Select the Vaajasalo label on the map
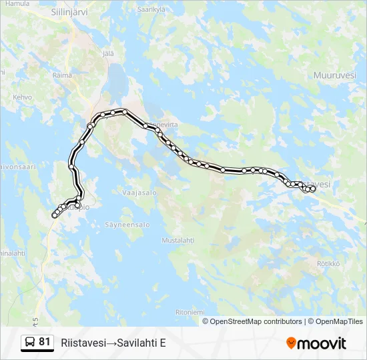(139, 193)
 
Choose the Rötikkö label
(328, 263)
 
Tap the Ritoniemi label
(190, 312)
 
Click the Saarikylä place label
(151, 10)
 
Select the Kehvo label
(22, 97)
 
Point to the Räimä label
(62, 75)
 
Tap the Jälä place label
(109, 53)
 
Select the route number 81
(45, 342)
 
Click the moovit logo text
(322, 343)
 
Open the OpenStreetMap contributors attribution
(256, 321)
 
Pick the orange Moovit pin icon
(291, 343)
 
